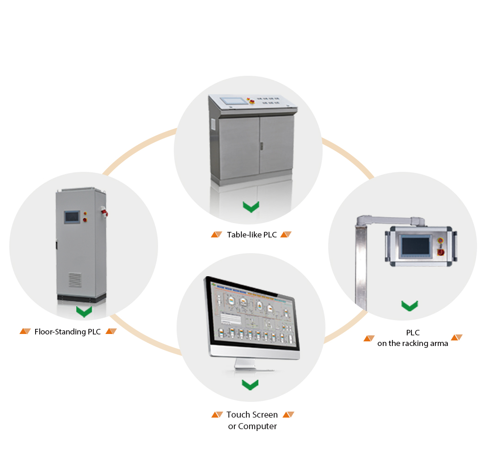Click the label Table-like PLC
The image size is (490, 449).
coord(251,235)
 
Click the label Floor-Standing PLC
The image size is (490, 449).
coord(67,332)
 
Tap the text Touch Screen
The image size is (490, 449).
coord(252,415)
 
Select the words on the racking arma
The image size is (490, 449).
coord(412,343)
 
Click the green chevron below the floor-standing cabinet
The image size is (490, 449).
coord(84,312)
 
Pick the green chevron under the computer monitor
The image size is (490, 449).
coord(250,384)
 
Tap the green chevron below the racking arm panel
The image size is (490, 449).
coord(410,305)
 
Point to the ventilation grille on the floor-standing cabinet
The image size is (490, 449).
coord(74,279)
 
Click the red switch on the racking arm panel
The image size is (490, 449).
coord(441,252)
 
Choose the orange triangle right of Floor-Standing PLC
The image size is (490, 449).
coord(111,331)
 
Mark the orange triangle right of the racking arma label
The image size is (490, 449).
coord(457,338)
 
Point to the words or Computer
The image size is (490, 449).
coord(252,426)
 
